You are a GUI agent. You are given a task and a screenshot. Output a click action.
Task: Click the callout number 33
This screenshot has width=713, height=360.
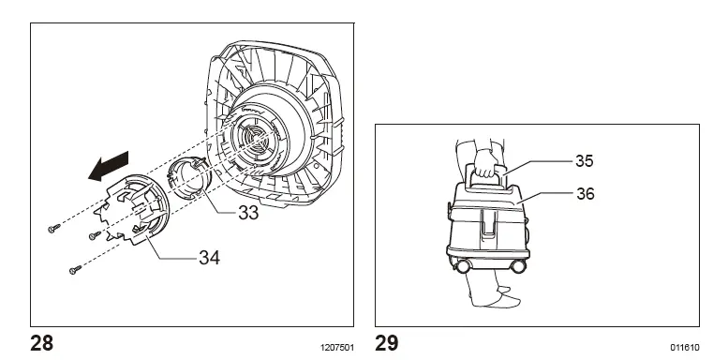[x=248, y=213]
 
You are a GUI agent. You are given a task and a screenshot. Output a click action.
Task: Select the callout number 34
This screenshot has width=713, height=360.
[x=209, y=258]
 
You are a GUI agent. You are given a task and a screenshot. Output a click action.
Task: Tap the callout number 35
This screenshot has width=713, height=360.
[x=585, y=160]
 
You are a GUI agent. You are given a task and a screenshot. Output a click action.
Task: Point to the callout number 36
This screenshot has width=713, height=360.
[x=586, y=193]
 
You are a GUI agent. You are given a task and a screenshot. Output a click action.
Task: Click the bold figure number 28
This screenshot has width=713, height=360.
[x=41, y=343]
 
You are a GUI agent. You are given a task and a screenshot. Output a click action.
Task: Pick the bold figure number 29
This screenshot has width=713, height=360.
[x=387, y=343]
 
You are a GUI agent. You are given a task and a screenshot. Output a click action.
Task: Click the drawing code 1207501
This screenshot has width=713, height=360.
[x=337, y=348]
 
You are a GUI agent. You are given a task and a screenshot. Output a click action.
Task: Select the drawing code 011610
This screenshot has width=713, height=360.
[x=685, y=348]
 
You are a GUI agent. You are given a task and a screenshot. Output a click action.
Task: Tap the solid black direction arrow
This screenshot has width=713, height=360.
[x=109, y=167]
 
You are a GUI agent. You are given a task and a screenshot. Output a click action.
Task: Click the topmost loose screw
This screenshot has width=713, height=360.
[x=53, y=229]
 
